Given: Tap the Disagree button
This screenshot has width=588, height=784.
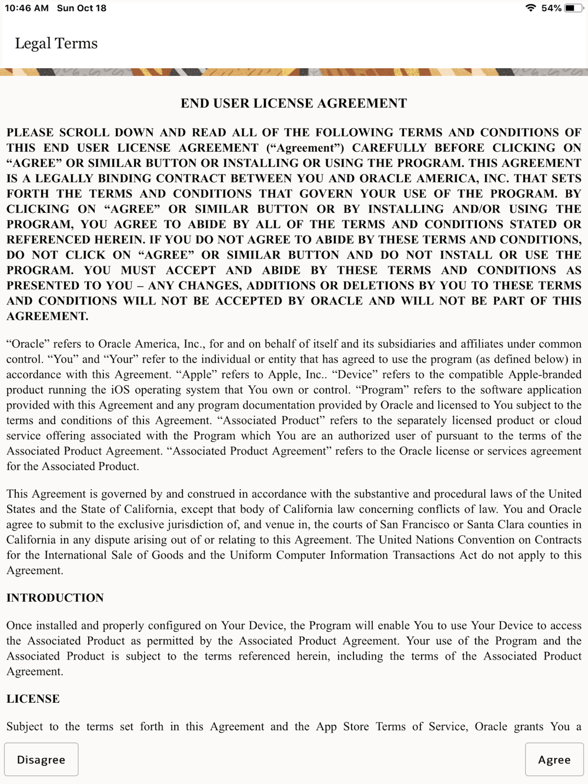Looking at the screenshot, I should point(41,759).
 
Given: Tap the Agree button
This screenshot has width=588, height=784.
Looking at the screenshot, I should point(554,759).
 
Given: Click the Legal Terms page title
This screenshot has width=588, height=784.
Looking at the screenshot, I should point(56,43).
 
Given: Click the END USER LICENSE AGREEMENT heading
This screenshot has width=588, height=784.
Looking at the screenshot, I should point(293,103).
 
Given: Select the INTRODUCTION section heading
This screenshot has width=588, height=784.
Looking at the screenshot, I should point(55,598).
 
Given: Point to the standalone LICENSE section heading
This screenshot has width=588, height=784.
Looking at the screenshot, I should point(33,699).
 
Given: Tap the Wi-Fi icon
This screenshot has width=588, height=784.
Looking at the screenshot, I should point(530,8).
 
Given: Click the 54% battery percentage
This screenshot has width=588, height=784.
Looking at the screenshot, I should point(551,8).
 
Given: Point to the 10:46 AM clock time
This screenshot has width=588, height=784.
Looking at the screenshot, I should point(26,8).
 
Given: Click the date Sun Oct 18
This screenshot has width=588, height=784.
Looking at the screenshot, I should point(82,8).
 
